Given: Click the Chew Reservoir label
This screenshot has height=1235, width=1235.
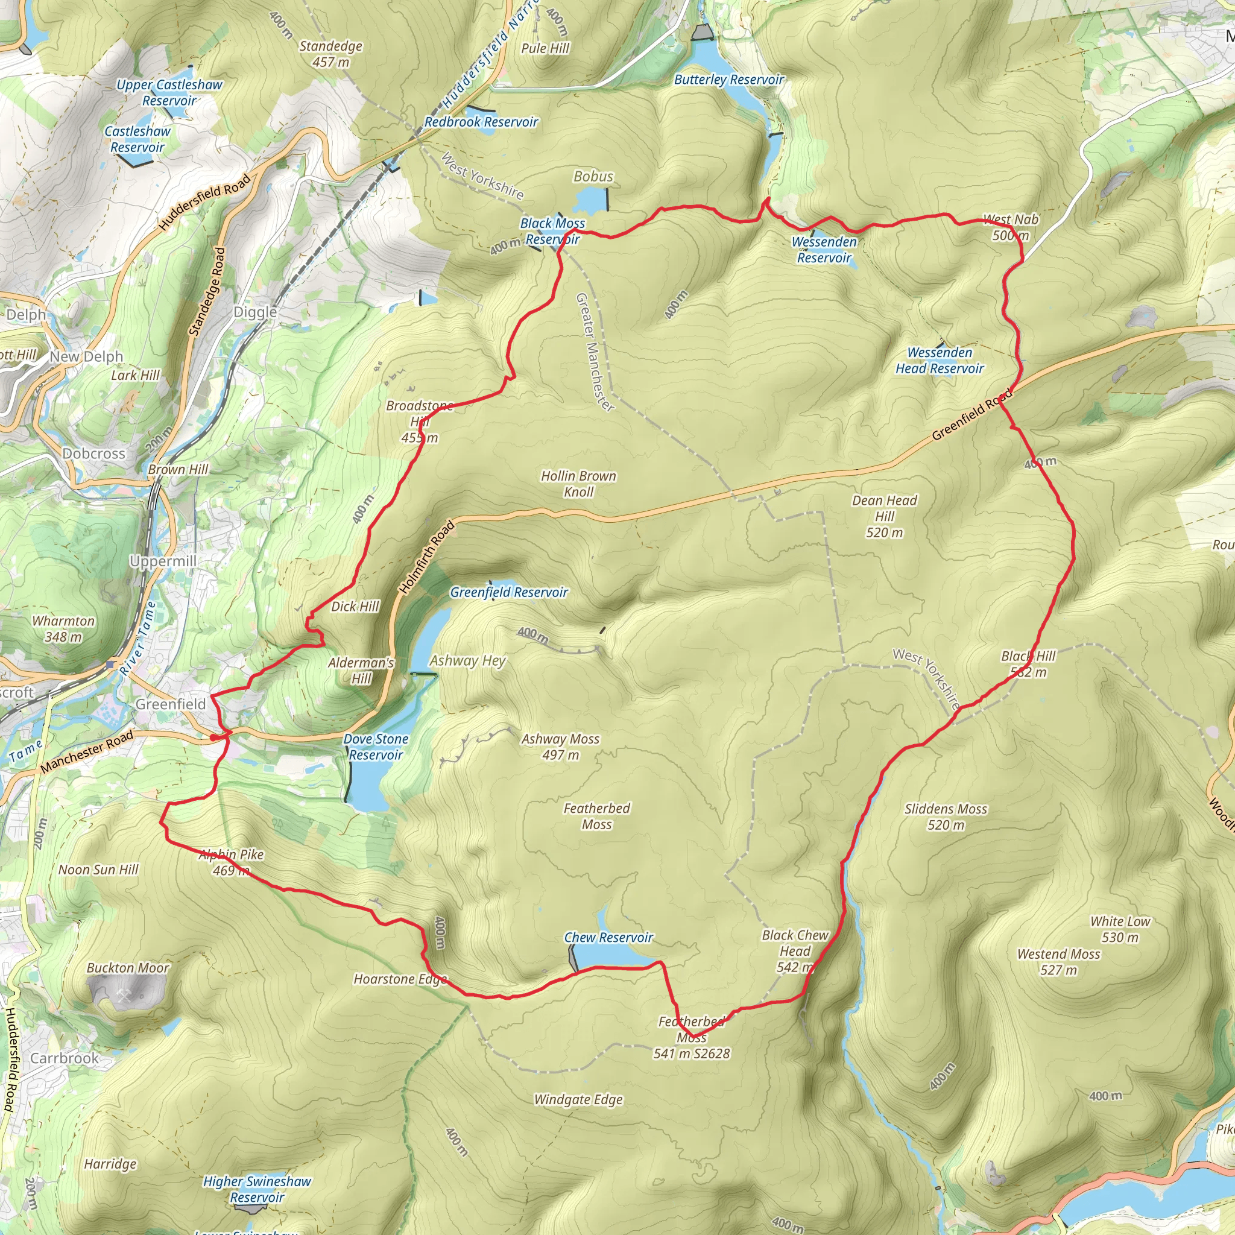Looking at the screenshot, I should point(608,937).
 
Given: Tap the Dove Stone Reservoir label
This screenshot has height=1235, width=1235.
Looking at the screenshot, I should point(375,747).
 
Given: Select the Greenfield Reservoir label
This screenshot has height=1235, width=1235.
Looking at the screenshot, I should point(509,592).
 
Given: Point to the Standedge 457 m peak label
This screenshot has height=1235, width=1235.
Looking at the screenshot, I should point(330,54).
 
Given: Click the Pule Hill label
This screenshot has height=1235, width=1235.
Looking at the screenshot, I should point(545,48).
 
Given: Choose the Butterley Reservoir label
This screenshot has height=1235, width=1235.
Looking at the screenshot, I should point(728,79).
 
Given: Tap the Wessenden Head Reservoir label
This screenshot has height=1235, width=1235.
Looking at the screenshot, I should point(939,361).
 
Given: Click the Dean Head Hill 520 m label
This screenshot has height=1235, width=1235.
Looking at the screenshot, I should point(884,516).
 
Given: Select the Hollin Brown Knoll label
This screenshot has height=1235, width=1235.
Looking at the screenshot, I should point(578,483).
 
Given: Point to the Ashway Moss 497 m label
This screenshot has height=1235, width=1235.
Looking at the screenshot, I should point(561,747).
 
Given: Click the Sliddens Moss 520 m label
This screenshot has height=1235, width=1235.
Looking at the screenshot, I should point(946,816).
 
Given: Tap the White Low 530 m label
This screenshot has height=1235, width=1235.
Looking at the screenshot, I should point(1120,929).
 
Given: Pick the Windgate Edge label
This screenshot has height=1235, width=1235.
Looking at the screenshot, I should point(578,1099).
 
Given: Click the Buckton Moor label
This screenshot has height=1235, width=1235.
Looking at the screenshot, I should point(128,968).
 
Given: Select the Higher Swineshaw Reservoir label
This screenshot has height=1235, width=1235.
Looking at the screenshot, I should point(257,1189).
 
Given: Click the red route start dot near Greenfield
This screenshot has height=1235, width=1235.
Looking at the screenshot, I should point(213,738).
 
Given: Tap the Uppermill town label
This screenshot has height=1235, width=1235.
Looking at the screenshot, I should point(162,561).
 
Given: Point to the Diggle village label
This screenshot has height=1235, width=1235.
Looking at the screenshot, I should point(255,312).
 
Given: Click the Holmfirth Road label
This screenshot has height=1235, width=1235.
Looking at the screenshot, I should point(426,557).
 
